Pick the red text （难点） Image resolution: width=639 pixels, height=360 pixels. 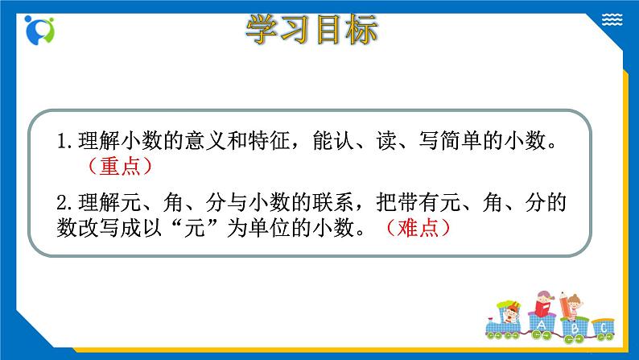[x=418, y=228]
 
